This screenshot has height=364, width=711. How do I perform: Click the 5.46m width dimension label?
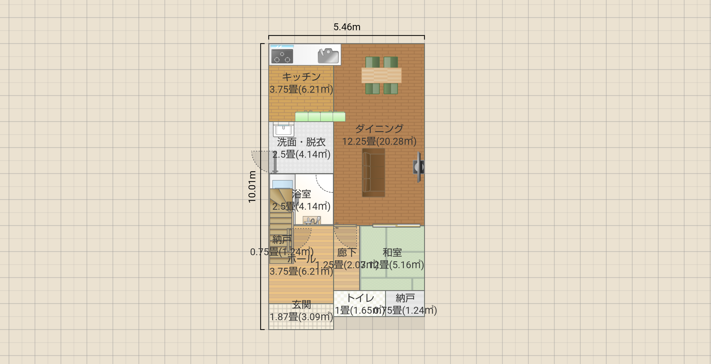[x=347, y=27]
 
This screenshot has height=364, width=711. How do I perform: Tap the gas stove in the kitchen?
[x=282, y=56]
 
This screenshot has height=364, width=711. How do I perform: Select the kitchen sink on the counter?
[x=328, y=56]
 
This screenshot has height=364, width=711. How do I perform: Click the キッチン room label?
[x=301, y=77]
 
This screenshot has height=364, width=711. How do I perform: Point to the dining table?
[x=381, y=75]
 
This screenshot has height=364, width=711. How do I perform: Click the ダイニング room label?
[x=379, y=129]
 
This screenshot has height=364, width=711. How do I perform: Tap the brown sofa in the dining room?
[x=373, y=173]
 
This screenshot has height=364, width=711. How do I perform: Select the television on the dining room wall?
[x=419, y=167]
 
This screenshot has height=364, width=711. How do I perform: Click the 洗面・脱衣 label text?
[x=301, y=142]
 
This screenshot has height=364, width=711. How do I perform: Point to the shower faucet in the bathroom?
[x=312, y=220]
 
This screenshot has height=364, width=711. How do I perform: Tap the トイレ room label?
[x=360, y=298]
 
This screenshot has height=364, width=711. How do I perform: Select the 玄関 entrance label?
[x=301, y=305]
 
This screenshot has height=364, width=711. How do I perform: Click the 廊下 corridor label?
[x=347, y=252]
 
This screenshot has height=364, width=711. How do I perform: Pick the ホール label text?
[x=301, y=259]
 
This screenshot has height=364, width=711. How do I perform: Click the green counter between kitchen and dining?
[x=320, y=117]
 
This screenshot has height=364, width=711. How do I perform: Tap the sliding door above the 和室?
[x=396, y=226]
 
